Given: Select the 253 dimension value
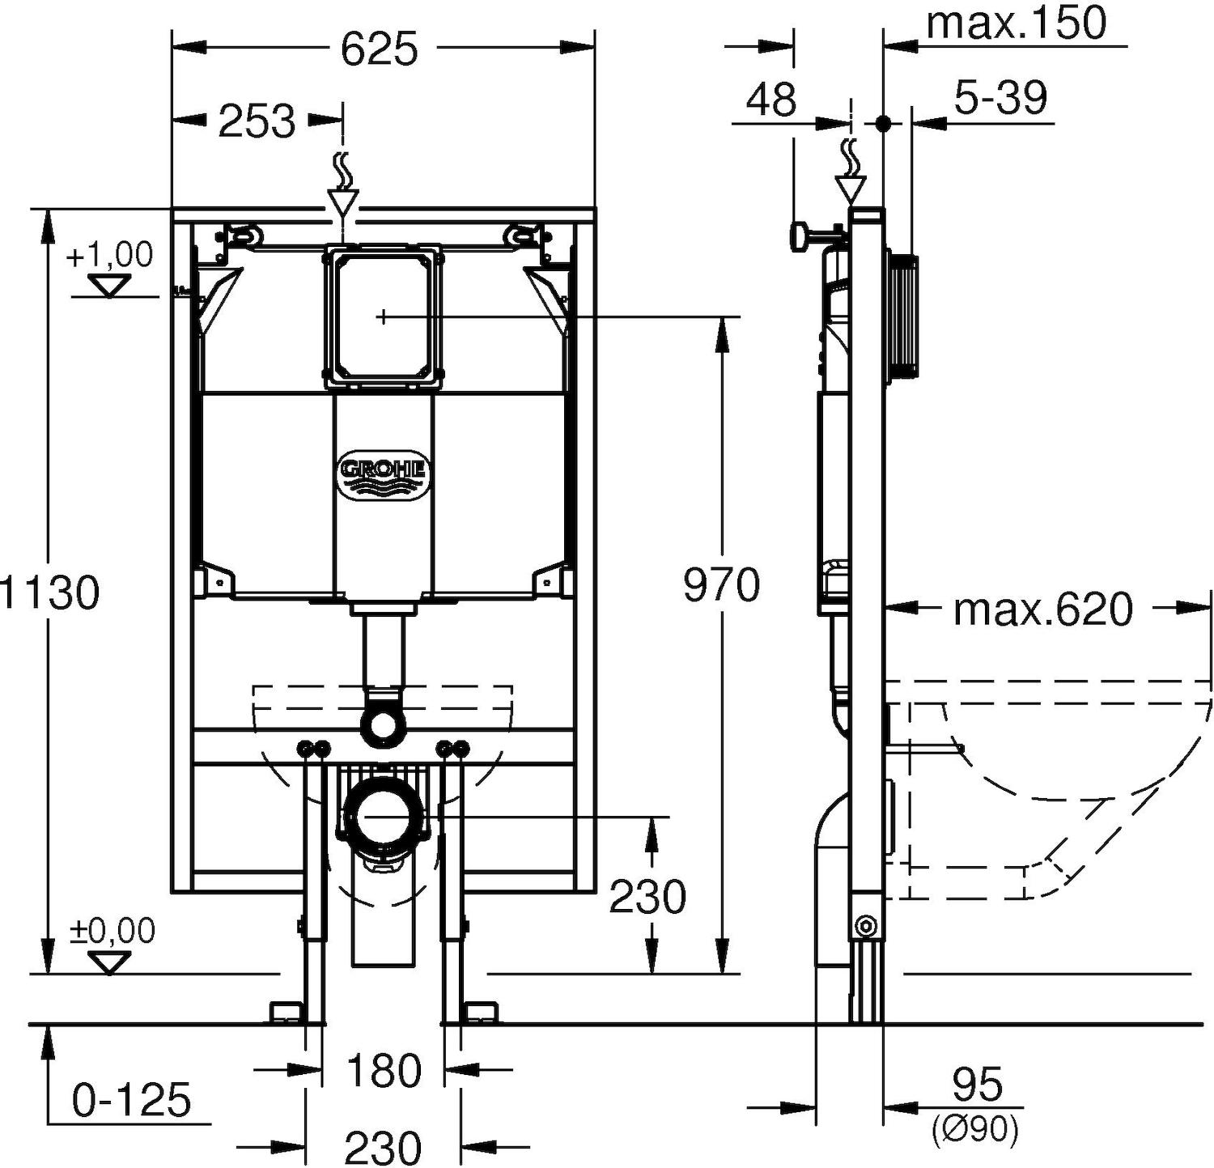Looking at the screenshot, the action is [257, 122].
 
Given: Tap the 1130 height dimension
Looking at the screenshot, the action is [50, 592].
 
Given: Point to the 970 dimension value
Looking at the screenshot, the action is [721, 585].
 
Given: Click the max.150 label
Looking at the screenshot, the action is [1016, 23].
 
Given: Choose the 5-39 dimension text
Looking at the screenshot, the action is [1000, 99].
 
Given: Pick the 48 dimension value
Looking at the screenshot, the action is [771, 100].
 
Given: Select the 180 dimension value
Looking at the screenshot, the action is [384, 1071].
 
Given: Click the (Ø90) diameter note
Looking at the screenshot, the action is [974, 1130].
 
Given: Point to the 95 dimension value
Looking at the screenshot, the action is [978, 1085].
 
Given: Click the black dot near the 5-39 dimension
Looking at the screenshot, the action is [883, 123].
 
